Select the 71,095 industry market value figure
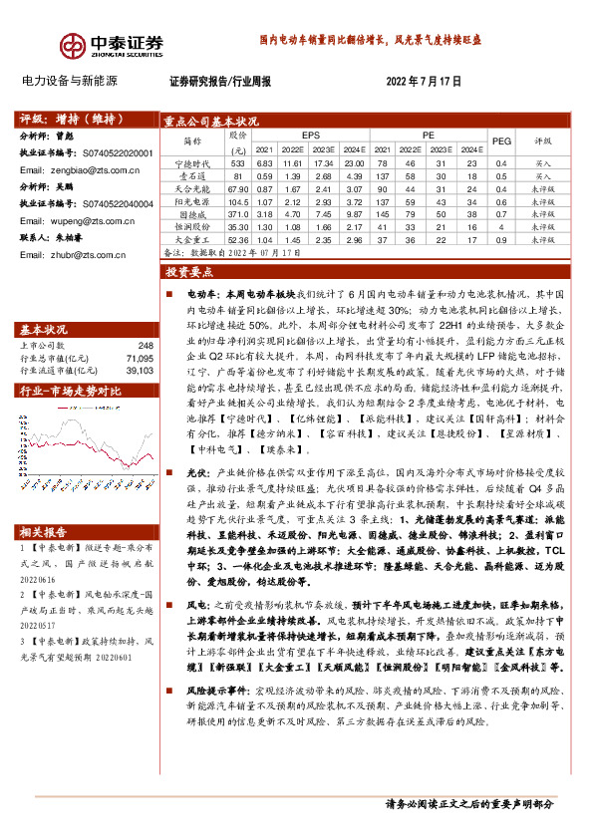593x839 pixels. [x=140, y=357]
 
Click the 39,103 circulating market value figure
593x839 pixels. [x=140, y=369]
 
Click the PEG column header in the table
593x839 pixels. [x=501, y=141]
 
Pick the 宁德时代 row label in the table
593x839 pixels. [x=194, y=162]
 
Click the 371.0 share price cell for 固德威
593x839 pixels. [x=237, y=214]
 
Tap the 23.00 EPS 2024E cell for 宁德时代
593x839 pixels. [x=355, y=162]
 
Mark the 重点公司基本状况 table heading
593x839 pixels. [x=212, y=122]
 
